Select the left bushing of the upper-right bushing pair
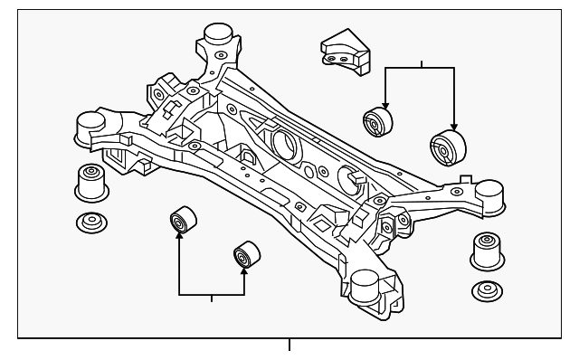pyautogui.click(x=376, y=121)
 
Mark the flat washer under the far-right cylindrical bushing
pyautogui.click(x=487, y=292)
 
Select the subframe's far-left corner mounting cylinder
pyautogui.click(x=89, y=126)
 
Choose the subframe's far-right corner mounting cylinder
pyautogui.click(x=489, y=194)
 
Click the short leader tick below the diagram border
pyautogui.click(x=289, y=344)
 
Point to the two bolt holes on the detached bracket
pyautogui.click(x=337, y=60)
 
